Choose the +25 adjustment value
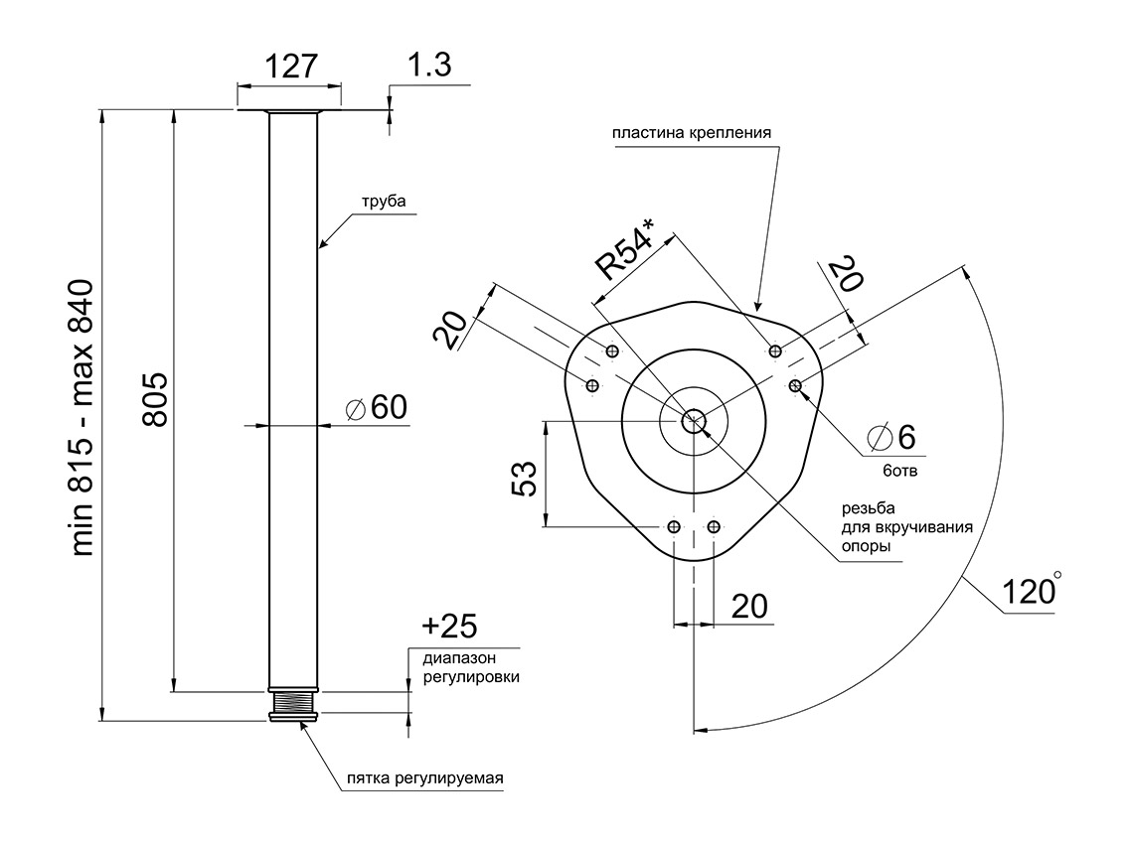tap(449, 627)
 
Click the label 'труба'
tap(384, 202)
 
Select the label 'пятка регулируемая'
tap(424, 778)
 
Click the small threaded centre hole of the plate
tap(693, 419)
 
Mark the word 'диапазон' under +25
tap(459, 657)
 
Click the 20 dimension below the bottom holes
tap(750, 606)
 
